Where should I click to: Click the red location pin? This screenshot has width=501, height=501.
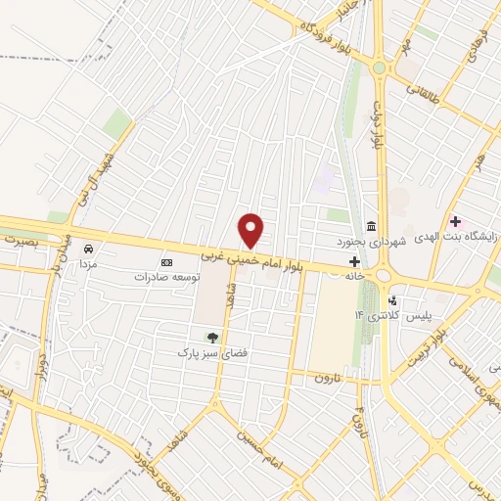click(252, 230)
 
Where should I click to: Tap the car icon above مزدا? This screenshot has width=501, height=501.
click(88, 249)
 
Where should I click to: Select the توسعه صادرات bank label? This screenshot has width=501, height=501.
click(166, 277)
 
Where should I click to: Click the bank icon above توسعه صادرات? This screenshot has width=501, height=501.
click(166, 262)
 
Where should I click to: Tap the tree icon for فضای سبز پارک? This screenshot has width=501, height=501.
click(211, 337)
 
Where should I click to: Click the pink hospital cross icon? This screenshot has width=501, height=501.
click(455, 221)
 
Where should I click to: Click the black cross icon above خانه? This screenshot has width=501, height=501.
click(354, 261)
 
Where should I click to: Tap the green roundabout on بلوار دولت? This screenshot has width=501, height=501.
click(379, 68)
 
